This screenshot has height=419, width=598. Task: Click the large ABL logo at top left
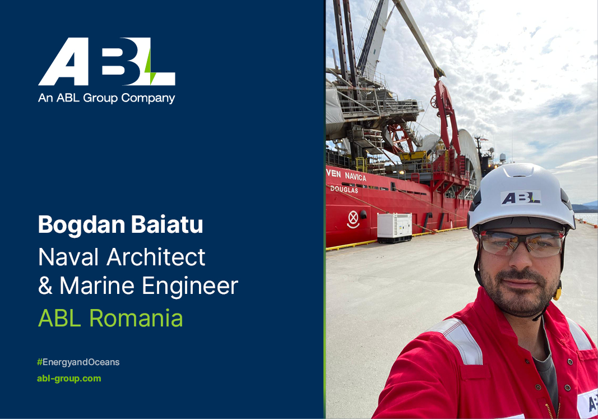[x=106, y=62]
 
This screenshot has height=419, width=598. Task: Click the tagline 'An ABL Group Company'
[x=106, y=98]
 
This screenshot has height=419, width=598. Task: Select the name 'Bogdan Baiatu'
[x=120, y=225]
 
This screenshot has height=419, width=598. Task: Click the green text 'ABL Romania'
[x=110, y=318]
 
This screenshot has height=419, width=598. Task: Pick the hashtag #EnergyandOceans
[x=78, y=362]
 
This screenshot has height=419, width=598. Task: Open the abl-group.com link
[x=69, y=378]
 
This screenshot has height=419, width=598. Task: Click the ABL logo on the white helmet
[x=521, y=197]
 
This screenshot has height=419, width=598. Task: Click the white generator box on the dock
[x=394, y=227]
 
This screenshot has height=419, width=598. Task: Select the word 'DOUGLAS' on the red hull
[x=344, y=190]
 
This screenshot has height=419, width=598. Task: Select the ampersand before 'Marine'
[x=45, y=286]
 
